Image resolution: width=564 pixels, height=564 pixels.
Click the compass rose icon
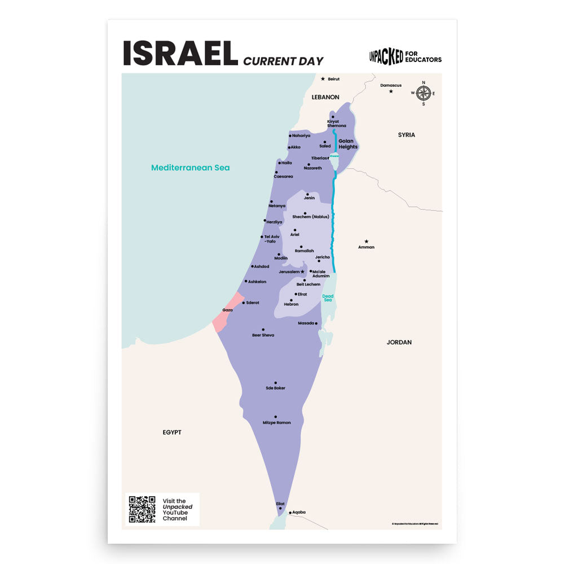coord(424,93)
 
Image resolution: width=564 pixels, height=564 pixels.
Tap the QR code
coord(142,509)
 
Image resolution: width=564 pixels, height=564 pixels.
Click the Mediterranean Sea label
coord(191,168)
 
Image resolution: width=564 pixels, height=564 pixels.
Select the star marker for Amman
coord(366,241)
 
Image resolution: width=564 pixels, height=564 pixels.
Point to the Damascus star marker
coord(390,91)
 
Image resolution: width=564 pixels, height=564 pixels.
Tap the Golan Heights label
coord(348,144)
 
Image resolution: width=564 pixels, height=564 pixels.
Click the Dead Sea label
coord(328,298)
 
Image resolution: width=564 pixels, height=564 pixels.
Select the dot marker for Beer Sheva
coord(263,329)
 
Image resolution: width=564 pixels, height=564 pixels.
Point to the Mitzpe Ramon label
coord(277,422)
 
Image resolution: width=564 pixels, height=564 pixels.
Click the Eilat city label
coord(280,504)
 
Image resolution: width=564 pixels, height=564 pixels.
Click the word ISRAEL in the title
coord(180,54)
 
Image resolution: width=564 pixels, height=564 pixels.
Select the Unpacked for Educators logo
coord(405,56)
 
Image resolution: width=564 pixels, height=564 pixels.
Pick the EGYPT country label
coord(172,432)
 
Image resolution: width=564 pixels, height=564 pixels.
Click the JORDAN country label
coord(399,342)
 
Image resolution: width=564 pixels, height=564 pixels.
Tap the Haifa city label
coord(287,163)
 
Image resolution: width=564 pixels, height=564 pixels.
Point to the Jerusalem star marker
coord(302,271)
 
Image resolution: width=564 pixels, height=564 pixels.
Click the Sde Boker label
coord(276,388)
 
